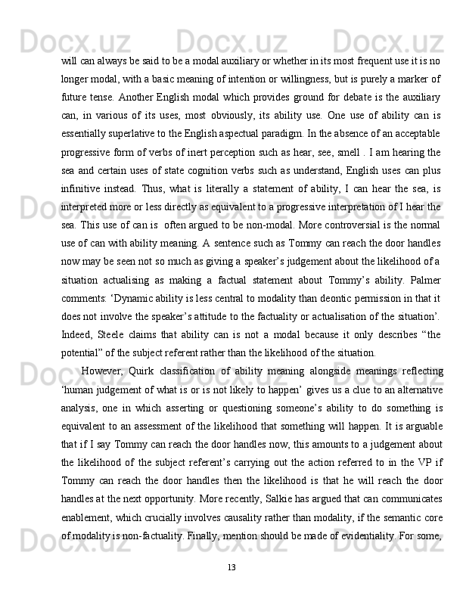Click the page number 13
pos(231,566)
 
